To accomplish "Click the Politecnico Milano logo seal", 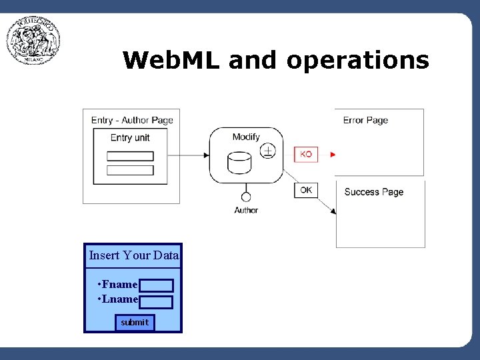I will (33, 41).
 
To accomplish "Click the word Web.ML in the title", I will (172, 61).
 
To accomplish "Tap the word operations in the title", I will (358, 61).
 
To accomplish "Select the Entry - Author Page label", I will (132, 121).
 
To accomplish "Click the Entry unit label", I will (130, 138).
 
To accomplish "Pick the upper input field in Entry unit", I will (130, 156).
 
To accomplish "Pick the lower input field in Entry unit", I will (130, 170).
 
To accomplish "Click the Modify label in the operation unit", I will (246, 137).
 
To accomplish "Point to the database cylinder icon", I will (239, 163).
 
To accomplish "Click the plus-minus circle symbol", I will (267, 151).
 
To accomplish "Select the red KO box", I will (305, 154).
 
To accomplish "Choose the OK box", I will (305, 190).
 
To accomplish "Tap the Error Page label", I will (365, 121).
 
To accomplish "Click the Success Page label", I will (373, 192).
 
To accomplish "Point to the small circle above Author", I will (246, 197).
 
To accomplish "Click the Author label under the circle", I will (246, 210).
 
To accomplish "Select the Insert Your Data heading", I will (133, 255).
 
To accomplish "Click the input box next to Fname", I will (157, 285).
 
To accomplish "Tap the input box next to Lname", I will (156, 302).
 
